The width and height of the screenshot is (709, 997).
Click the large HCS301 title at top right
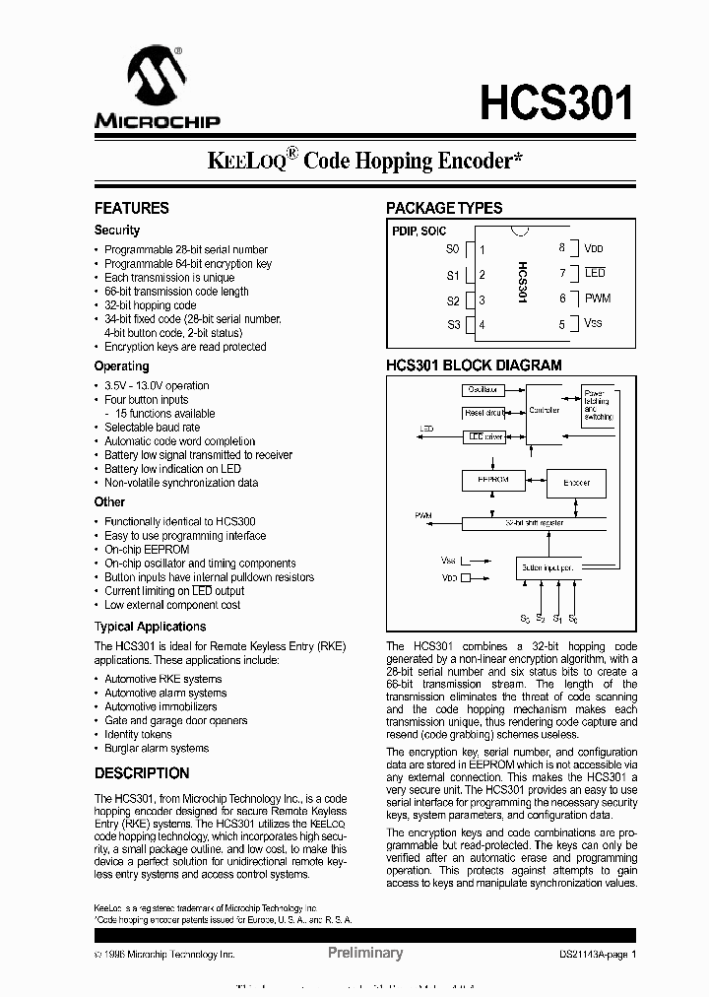pos(556,101)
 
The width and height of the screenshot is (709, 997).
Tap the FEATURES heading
pos(131,208)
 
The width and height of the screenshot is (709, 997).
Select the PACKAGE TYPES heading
pos(444,208)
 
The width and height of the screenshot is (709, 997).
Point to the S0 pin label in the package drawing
pos(452,250)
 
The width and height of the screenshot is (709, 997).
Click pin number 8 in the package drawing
pos(561,249)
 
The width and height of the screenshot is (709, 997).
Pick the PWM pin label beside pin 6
pos(598,299)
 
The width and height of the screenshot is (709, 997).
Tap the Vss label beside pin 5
pos(593,323)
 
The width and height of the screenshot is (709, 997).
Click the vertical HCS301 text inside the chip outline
pos(522,287)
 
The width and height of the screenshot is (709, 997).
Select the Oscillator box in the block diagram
pos(483,390)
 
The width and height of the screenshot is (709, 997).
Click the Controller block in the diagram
pos(545,410)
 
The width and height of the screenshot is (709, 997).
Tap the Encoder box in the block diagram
pos(577,483)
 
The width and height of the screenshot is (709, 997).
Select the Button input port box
pos(548,568)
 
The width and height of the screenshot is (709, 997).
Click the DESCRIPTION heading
pos(142,773)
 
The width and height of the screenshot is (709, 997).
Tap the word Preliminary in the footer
pos(364,953)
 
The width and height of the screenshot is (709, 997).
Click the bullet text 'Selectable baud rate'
pos(153,428)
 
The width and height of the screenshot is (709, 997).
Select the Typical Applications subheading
pos(150,627)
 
